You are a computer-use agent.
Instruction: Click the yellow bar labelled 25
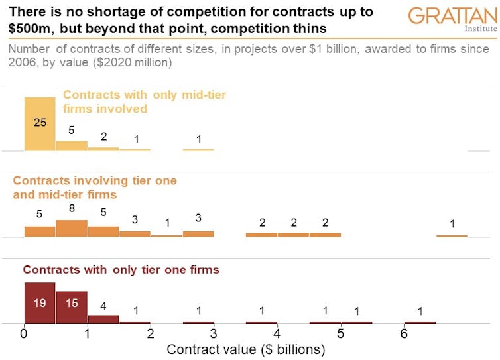(x=40, y=124)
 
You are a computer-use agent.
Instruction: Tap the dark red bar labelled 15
(x=71, y=306)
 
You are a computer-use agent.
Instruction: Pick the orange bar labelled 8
(x=71, y=229)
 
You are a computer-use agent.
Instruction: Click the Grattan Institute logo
(x=452, y=19)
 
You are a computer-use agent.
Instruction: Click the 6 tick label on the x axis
(x=403, y=334)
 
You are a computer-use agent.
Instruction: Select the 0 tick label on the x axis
(x=24, y=334)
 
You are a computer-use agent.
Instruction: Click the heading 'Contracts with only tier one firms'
(x=121, y=270)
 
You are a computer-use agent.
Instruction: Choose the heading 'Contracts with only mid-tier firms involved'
(x=144, y=101)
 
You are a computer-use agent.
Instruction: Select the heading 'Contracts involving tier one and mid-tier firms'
(x=95, y=187)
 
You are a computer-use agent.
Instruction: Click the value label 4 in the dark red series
(x=103, y=306)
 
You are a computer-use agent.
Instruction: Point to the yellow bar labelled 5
(x=71, y=146)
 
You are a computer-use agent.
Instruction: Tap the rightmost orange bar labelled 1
(x=452, y=235)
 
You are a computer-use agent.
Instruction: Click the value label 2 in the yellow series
(x=103, y=137)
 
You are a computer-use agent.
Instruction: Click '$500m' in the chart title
(x=31, y=29)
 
